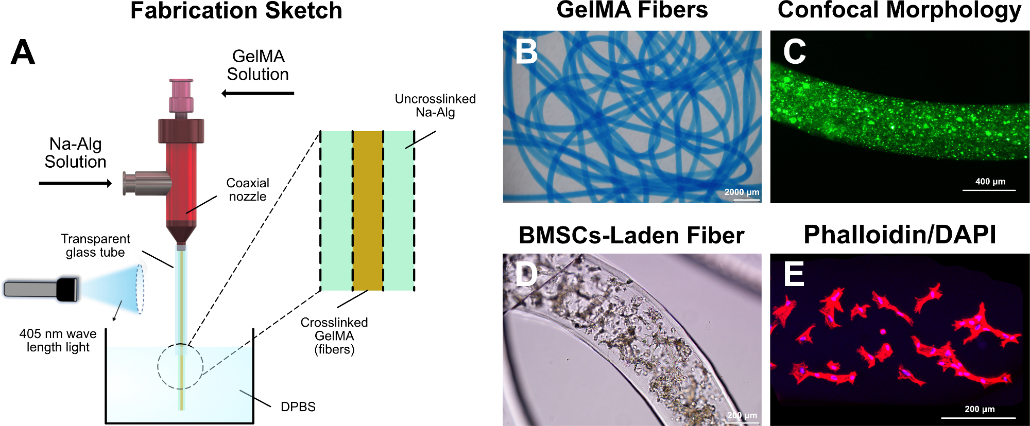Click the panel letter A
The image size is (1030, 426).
pos(23,52)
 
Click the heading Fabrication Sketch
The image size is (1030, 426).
pos(236,11)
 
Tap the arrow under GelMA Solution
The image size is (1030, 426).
pos(257,93)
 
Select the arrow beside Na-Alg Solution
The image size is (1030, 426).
pos(75,183)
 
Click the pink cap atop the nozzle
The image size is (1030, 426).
pos(181,95)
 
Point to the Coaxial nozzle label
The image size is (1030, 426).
pos(248,190)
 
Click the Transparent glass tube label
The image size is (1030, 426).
pos(95,245)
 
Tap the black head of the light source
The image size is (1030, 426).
pos(67,289)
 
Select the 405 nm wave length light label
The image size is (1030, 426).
pos(58,341)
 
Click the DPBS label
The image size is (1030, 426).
pos(298,406)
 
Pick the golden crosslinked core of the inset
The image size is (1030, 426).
pos(368,211)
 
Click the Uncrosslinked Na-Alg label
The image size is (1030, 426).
pos(435,105)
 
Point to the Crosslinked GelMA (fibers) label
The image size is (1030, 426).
pos(334,336)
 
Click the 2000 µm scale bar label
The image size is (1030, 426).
pos(742,192)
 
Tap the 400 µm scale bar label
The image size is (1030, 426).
pos(990,182)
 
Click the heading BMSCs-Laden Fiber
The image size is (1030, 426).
pos(631,236)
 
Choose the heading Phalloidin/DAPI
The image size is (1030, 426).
pos(900,235)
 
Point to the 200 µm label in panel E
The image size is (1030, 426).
pos(979,409)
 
